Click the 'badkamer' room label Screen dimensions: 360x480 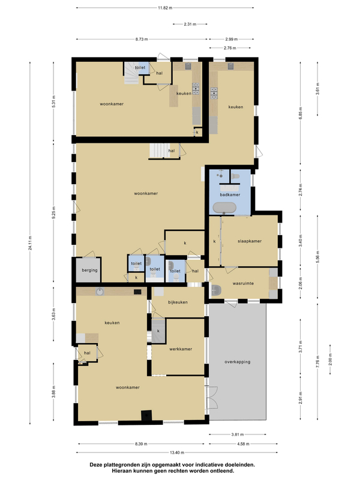pos(230,194)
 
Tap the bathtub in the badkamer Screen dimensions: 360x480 pos(224,208)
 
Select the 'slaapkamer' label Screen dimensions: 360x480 pos(250,241)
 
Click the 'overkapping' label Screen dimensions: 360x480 pos(237,362)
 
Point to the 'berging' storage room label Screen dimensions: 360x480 pos(89,271)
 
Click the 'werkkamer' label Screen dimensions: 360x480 pos(181,349)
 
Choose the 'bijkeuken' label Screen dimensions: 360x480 pos(178,302)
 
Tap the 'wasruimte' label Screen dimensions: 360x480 pos(243,283)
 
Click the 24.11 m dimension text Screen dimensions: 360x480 pos(30,243)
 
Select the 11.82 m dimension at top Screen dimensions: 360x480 pos(166,8)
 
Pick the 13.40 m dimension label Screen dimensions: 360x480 pos(177,452)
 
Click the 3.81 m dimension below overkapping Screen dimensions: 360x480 pos(238,434)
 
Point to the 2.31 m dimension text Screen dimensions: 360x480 pos(190,24)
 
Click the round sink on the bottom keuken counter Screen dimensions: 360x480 pos(100,292)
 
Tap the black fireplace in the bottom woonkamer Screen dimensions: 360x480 pos(146,415)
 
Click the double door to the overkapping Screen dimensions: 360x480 pos(212,397)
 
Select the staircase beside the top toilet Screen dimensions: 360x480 pos(131,73)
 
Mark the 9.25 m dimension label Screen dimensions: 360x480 pos(53,212)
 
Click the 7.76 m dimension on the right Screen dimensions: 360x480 pos(317,361)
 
